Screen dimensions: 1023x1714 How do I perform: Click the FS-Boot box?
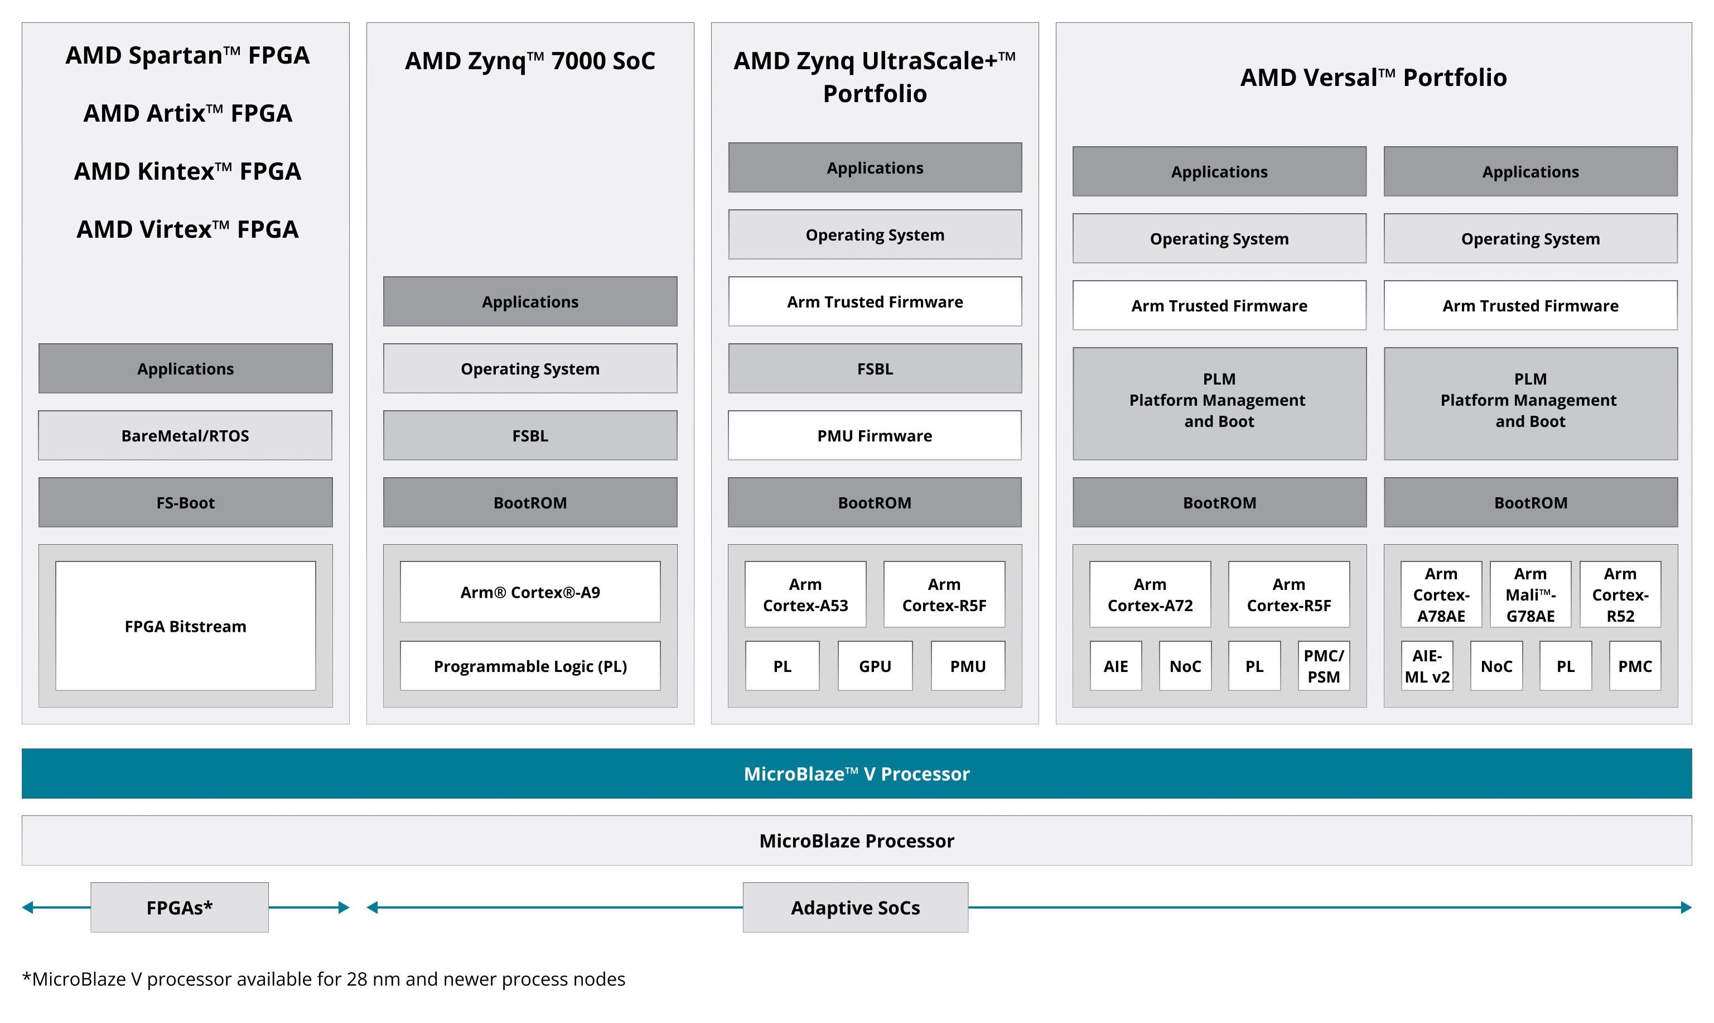click(x=185, y=502)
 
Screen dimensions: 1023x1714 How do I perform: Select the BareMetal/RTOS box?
click(x=185, y=436)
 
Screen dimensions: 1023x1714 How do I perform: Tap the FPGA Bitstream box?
click(x=185, y=626)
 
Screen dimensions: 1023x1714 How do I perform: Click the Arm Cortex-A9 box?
click(x=530, y=592)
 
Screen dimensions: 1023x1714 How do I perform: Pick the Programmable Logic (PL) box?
click(x=530, y=666)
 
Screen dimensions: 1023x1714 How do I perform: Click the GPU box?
click(x=875, y=666)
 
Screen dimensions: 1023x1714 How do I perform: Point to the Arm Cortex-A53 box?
click(x=805, y=594)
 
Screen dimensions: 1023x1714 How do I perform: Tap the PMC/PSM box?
click(x=1324, y=666)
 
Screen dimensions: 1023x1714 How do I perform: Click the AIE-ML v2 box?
click(x=1427, y=666)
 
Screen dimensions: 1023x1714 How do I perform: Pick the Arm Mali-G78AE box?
click(x=1530, y=594)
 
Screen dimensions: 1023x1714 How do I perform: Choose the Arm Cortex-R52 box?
click(x=1620, y=594)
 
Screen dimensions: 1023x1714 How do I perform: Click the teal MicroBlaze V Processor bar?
click(x=856, y=774)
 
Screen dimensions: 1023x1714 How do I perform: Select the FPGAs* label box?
click(x=179, y=907)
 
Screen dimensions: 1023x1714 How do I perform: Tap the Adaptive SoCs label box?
click(x=855, y=907)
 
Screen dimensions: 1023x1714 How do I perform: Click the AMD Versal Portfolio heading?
click(x=1373, y=77)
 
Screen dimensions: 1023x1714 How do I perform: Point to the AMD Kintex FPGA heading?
click(x=187, y=171)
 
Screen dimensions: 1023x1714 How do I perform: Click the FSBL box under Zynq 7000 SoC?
click(x=530, y=436)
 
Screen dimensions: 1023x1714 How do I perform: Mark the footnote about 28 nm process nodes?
click(x=324, y=979)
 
